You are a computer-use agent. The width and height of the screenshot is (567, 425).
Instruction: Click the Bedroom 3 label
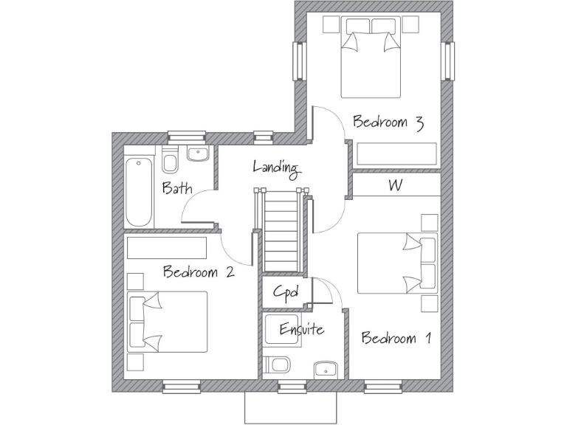coord(388,122)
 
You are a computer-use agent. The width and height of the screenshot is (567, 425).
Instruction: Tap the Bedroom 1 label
coord(396,339)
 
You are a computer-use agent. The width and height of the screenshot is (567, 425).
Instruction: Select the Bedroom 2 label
coord(199,272)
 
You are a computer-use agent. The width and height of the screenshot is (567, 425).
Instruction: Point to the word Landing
coord(276,167)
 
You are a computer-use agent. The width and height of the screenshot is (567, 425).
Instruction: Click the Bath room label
coord(177,188)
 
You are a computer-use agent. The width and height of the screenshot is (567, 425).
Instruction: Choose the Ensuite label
coord(301,329)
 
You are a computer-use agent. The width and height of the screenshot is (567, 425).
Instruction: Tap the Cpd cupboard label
coord(286,292)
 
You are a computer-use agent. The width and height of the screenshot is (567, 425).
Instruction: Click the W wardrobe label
coord(396,186)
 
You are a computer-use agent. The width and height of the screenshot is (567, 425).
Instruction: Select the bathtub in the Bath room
coord(139,192)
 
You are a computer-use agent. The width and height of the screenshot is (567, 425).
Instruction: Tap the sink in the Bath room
coord(197,154)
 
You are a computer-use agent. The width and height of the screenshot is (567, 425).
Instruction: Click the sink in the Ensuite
coord(324,369)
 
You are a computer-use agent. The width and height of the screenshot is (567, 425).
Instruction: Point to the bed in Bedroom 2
coord(167,321)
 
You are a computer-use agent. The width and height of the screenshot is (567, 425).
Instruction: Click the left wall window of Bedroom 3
coord(298,61)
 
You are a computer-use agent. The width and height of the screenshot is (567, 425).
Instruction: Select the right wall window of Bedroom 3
coord(448,61)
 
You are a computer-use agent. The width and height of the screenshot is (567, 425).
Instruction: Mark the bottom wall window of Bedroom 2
coord(182,385)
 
